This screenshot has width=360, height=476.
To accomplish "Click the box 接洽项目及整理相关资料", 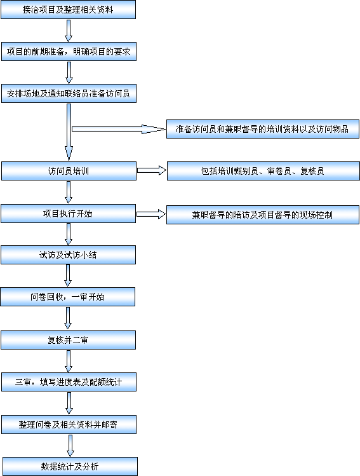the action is click(x=68, y=10).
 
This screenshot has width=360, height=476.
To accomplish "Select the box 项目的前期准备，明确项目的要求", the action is click(x=69, y=51).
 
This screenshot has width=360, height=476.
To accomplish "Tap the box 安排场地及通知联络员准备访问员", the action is click(x=69, y=93).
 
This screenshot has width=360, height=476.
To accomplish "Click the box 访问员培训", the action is click(x=69, y=171).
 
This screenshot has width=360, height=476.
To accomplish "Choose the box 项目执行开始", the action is click(x=68, y=214).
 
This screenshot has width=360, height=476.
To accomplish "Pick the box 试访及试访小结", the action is click(x=68, y=255).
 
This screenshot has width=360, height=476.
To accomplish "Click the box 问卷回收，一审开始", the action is click(x=68, y=297).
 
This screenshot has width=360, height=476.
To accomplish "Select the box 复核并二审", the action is click(x=68, y=340).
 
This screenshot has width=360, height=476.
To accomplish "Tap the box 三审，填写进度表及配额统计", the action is click(x=69, y=382).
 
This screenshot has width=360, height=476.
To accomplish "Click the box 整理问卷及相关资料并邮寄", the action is click(x=69, y=425).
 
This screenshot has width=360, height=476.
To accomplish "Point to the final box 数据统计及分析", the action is click(x=70, y=466).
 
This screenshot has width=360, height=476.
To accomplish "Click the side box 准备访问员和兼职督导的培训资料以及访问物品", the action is click(x=263, y=129).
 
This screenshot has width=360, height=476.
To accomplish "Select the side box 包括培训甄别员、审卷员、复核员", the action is click(x=263, y=171).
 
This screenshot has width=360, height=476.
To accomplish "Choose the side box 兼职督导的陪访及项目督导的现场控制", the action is click(x=263, y=215).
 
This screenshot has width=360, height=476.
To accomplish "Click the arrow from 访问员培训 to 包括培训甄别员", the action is click(x=152, y=170).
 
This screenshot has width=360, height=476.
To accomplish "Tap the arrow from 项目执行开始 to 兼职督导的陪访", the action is click(x=151, y=214).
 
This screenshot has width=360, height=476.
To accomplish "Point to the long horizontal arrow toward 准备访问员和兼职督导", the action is click(x=119, y=129).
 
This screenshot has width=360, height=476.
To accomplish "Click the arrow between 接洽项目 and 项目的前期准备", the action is click(x=69, y=31).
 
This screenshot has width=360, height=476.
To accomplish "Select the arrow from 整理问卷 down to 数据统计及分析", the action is click(x=70, y=445).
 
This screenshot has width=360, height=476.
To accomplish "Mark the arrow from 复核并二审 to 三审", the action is click(x=69, y=361).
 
